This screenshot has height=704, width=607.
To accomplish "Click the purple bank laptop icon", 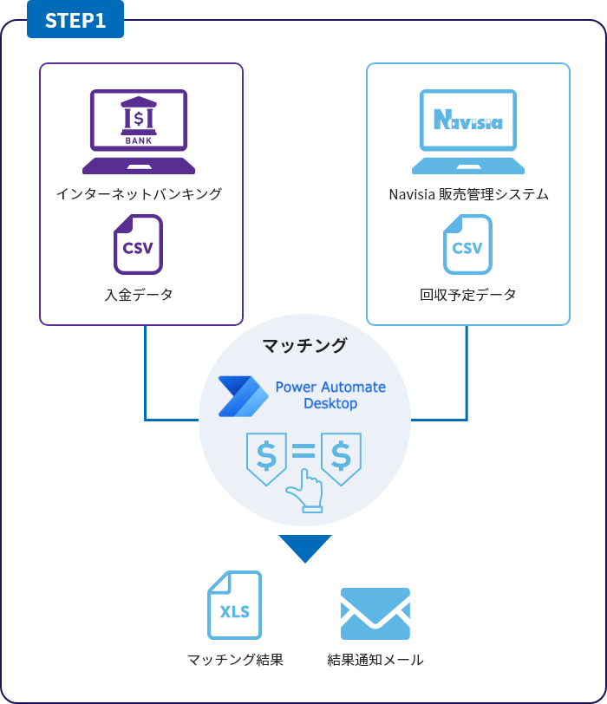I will (139, 132).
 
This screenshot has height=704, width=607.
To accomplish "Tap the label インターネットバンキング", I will (139, 194).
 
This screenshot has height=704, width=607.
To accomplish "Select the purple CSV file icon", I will (138, 246).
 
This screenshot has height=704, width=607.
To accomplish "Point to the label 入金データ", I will (139, 295).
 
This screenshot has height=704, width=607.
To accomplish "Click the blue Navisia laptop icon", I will (468, 132).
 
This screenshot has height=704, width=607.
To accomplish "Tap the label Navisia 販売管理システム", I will (468, 194).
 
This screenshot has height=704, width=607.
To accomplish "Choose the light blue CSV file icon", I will (467, 246).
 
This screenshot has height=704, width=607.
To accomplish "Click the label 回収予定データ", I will (468, 295).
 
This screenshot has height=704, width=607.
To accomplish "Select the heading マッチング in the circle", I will (304, 346).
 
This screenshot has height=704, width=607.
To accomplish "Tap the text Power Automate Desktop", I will (330, 395).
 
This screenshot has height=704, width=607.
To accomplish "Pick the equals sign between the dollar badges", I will (303, 451).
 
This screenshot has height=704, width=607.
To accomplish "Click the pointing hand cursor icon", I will (306, 491).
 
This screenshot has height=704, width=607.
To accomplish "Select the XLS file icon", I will (234, 605).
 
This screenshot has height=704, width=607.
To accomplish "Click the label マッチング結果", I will (235, 660).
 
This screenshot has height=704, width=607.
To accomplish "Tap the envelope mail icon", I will (375, 614).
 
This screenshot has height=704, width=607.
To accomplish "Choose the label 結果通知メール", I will (375, 660).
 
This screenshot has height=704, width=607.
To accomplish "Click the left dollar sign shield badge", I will (267, 456).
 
